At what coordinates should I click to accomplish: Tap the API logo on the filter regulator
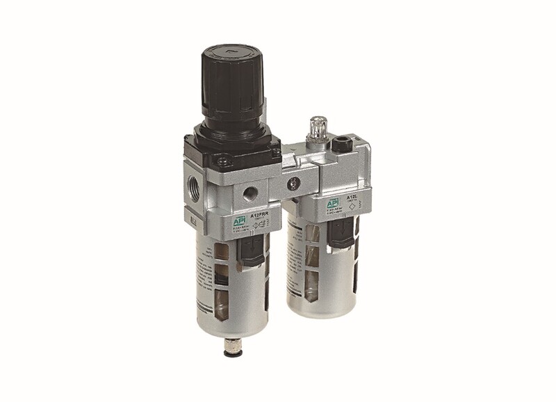[x=240, y=219]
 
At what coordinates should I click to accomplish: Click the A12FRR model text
[x=259, y=215]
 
